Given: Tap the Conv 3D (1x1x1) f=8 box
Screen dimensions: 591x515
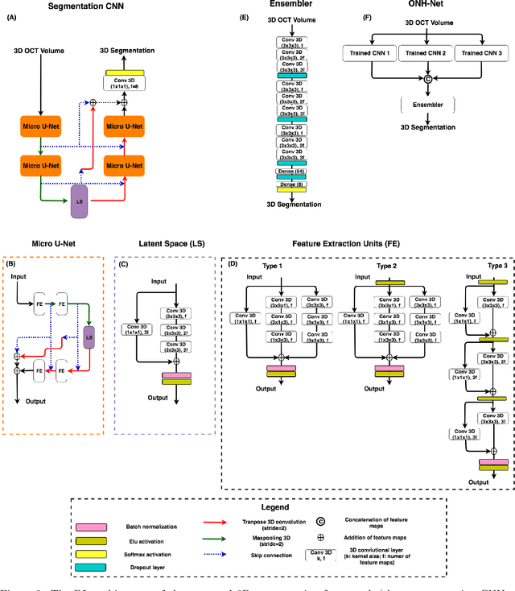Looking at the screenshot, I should coord(125,81).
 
